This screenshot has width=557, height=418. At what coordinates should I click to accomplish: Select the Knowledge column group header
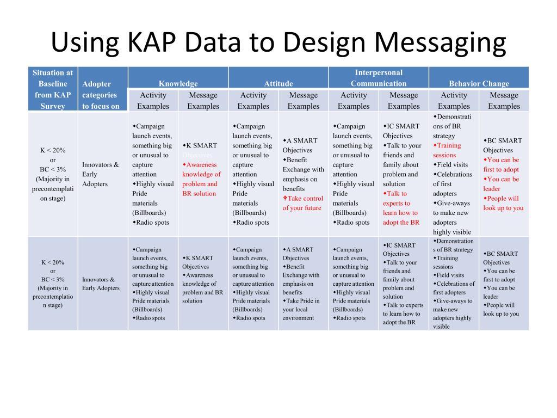click(178, 83)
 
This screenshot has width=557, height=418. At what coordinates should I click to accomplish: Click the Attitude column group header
click(278, 83)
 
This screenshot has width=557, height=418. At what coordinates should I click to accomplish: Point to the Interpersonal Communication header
click(379, 78)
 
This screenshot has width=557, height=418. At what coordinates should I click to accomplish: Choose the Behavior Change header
click(479, 83)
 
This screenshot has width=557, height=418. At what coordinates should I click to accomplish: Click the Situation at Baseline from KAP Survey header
click(53, 89)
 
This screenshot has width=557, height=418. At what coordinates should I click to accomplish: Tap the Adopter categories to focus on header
click(101, 95)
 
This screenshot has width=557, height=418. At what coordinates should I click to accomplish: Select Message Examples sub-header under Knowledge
click(203, 101)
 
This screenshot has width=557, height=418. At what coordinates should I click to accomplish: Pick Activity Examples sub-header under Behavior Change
click(454, 101)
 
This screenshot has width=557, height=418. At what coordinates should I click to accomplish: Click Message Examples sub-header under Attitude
click(304, 101)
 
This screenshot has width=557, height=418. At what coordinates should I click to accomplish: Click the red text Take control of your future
click(302, 203)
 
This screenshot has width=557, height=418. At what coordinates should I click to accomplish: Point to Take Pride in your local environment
click(301, 309)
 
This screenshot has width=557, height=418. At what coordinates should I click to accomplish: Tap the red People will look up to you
click(503, 203)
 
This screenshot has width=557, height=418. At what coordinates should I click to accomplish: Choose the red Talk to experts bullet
click(400, 208)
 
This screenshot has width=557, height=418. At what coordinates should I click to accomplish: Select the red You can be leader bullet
click(501, 184)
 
